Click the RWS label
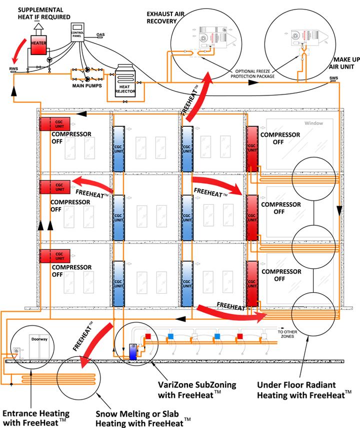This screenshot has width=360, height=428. point(13,67)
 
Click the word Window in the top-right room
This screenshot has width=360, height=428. point(313,123)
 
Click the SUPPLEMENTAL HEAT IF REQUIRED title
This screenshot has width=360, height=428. point(41,13)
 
